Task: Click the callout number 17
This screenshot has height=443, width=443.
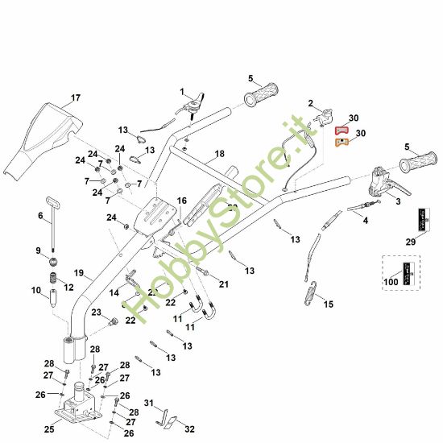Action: click(75, 98)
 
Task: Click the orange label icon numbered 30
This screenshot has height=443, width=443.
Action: click(342, 143)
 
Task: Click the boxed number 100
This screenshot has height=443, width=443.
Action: click(391, 281)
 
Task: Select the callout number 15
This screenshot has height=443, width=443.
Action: click(327, 304)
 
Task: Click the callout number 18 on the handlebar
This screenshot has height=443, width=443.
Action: click(219, 153)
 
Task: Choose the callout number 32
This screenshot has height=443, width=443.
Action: click(189, 428)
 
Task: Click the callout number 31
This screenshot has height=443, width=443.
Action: click(148, 403)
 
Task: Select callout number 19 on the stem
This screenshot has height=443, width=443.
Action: click(79, 273)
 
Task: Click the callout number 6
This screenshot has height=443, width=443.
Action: click(40, 216)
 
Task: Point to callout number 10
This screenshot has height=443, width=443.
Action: click(35, 290)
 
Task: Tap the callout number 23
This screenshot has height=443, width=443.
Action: click(95, 313)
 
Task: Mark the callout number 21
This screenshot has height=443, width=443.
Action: click(223, 284)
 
